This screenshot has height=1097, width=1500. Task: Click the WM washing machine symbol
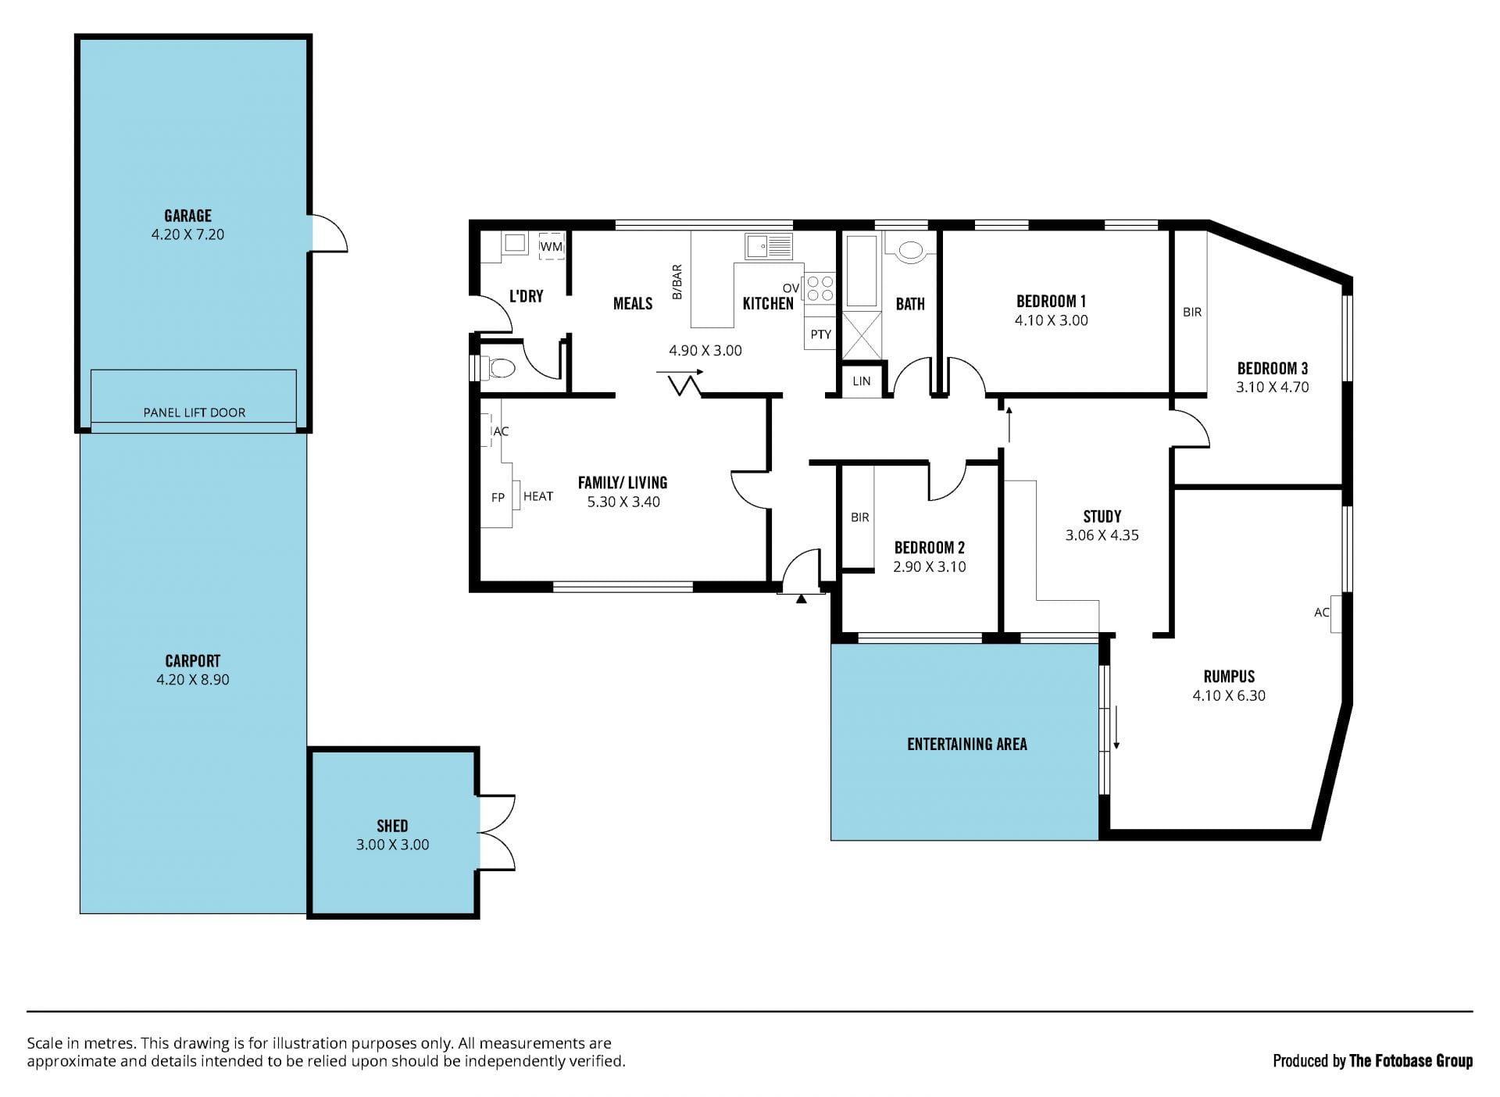552,246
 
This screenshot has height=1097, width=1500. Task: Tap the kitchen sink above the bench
769,246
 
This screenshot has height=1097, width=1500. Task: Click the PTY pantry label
820,334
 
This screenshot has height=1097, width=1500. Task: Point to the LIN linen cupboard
862,381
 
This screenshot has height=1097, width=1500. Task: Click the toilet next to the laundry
499,367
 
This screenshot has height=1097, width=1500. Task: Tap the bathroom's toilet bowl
910,250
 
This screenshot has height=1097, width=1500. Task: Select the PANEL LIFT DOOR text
195,413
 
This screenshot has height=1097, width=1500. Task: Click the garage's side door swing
329,233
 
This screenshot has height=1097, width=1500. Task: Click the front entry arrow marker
801,599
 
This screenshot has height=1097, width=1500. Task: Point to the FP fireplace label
498,497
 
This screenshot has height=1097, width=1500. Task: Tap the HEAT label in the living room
538,496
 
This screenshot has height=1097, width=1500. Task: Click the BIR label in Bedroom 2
860,517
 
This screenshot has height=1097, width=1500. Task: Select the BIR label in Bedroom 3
1192,312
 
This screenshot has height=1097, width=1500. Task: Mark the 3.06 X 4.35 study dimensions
1102,535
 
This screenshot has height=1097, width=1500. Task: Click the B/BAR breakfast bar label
677,282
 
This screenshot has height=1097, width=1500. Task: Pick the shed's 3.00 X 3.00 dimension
392,845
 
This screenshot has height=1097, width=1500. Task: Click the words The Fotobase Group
1411,1060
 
